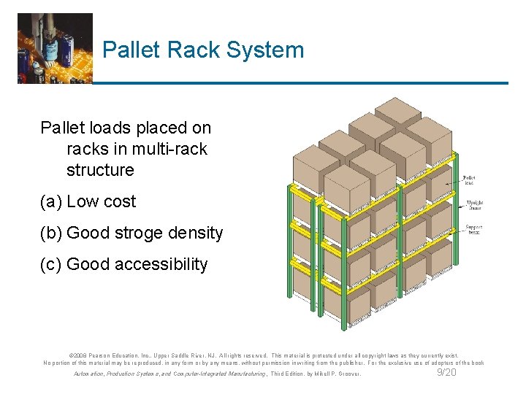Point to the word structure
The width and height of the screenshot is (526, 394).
point(100,170)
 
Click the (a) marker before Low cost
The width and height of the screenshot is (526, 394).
point(51,201)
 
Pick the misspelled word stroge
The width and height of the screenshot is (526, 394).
point(132,233)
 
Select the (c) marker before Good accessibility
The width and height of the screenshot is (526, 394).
point(51,265)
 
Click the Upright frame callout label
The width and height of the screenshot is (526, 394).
point(473,206)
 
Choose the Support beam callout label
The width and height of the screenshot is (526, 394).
point(473,230)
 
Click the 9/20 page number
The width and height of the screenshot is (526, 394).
point(446,373)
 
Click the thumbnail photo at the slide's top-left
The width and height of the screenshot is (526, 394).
point(55,48)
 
